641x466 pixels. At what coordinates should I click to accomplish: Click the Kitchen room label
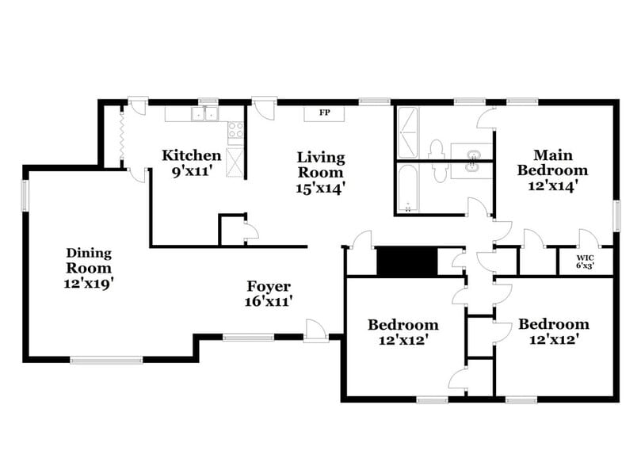tap(191, 155)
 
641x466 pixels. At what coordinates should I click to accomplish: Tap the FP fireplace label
tap(325, 113)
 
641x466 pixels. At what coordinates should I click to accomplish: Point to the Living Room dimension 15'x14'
tap(321, 188)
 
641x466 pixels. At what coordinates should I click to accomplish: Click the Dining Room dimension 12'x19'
tap(89, 282)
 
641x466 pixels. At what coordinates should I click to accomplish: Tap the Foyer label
tap(269, 286)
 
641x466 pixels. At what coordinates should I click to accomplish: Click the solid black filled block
tap(406, 262)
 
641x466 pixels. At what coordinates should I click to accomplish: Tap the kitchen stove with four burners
tap(236, 131)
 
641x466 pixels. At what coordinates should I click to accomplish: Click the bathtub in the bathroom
tap(407, 190)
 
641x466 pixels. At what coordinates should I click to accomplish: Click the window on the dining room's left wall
tap(25, 195)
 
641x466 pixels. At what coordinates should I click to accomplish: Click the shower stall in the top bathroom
tap(407, 134)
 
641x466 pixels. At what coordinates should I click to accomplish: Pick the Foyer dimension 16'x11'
tap(270, 302)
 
